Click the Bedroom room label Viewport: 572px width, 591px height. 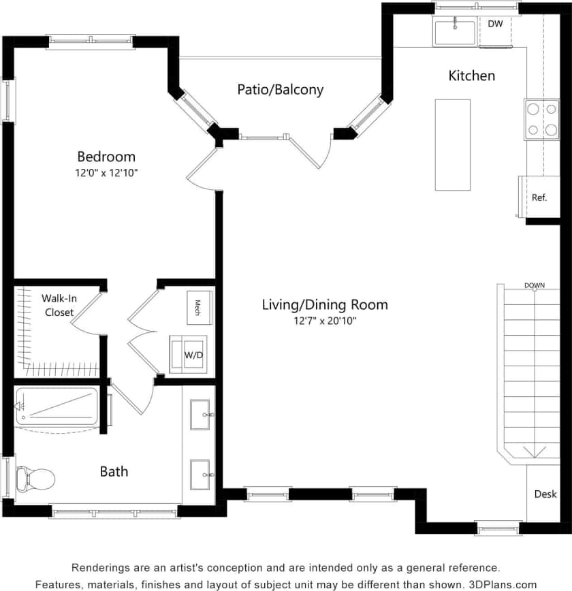click(x=106, y=157)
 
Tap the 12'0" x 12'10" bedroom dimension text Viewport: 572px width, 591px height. click(x=106, y=173)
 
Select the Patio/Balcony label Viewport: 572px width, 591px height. click(x=280, y=89)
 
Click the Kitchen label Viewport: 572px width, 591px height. click(x=471, y=76)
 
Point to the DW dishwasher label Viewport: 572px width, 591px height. click(x=495, y=24)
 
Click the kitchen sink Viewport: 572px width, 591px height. click(x=454, y=32)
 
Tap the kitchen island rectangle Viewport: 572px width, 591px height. click(x=453, y=144)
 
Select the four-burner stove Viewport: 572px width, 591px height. click(x=541, y=119)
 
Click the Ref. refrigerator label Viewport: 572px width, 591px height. click(x=539, y=197)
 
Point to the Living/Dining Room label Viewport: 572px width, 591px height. click(x=325, y=304)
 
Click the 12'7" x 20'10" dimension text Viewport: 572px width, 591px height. click(x=324, y=321)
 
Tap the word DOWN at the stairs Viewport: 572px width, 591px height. click(x=535, y=285)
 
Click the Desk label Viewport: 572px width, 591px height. click(x=545, y=494)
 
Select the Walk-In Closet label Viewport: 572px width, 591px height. click(x=59, y=305)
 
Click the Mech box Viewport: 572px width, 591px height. click(x=198, y=304)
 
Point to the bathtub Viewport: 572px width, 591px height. click(x=57, y=406)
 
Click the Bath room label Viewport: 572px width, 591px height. click(x=114, y=471)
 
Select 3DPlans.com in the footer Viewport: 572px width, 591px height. click(x=503, y=584)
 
